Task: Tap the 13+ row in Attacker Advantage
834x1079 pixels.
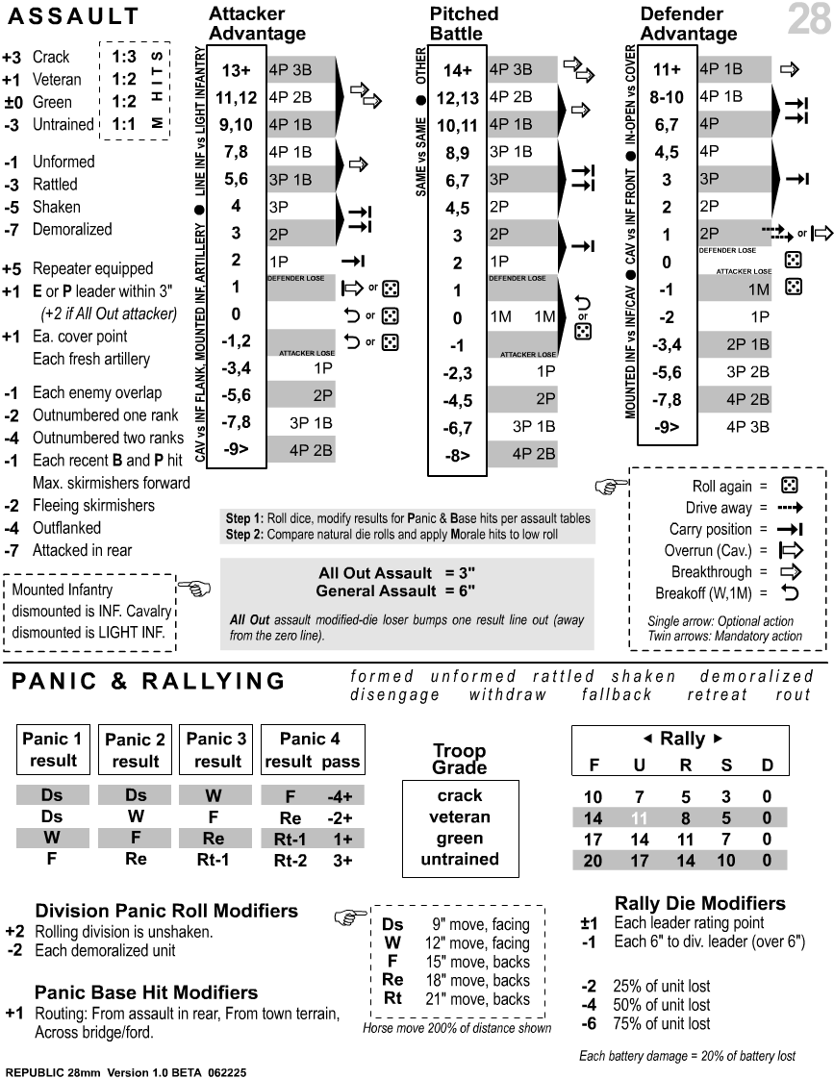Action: tap(235, 70)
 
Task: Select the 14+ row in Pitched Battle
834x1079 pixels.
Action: tap(457, 70)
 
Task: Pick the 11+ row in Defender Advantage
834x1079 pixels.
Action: tap(667, 70)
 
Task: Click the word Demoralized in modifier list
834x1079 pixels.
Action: tap(72, 230)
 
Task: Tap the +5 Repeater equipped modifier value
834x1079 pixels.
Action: tap(12, 268)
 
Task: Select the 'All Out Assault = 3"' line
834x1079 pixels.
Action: tap(397, 573)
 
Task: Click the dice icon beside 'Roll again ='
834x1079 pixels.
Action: tap(789, 487)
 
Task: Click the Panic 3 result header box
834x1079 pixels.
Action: tap(217, 750)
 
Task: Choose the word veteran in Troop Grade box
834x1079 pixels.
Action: tap(459, 817)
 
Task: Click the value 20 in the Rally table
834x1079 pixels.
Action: tap(593, 861)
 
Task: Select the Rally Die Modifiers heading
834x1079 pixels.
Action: tap(699, 903)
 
